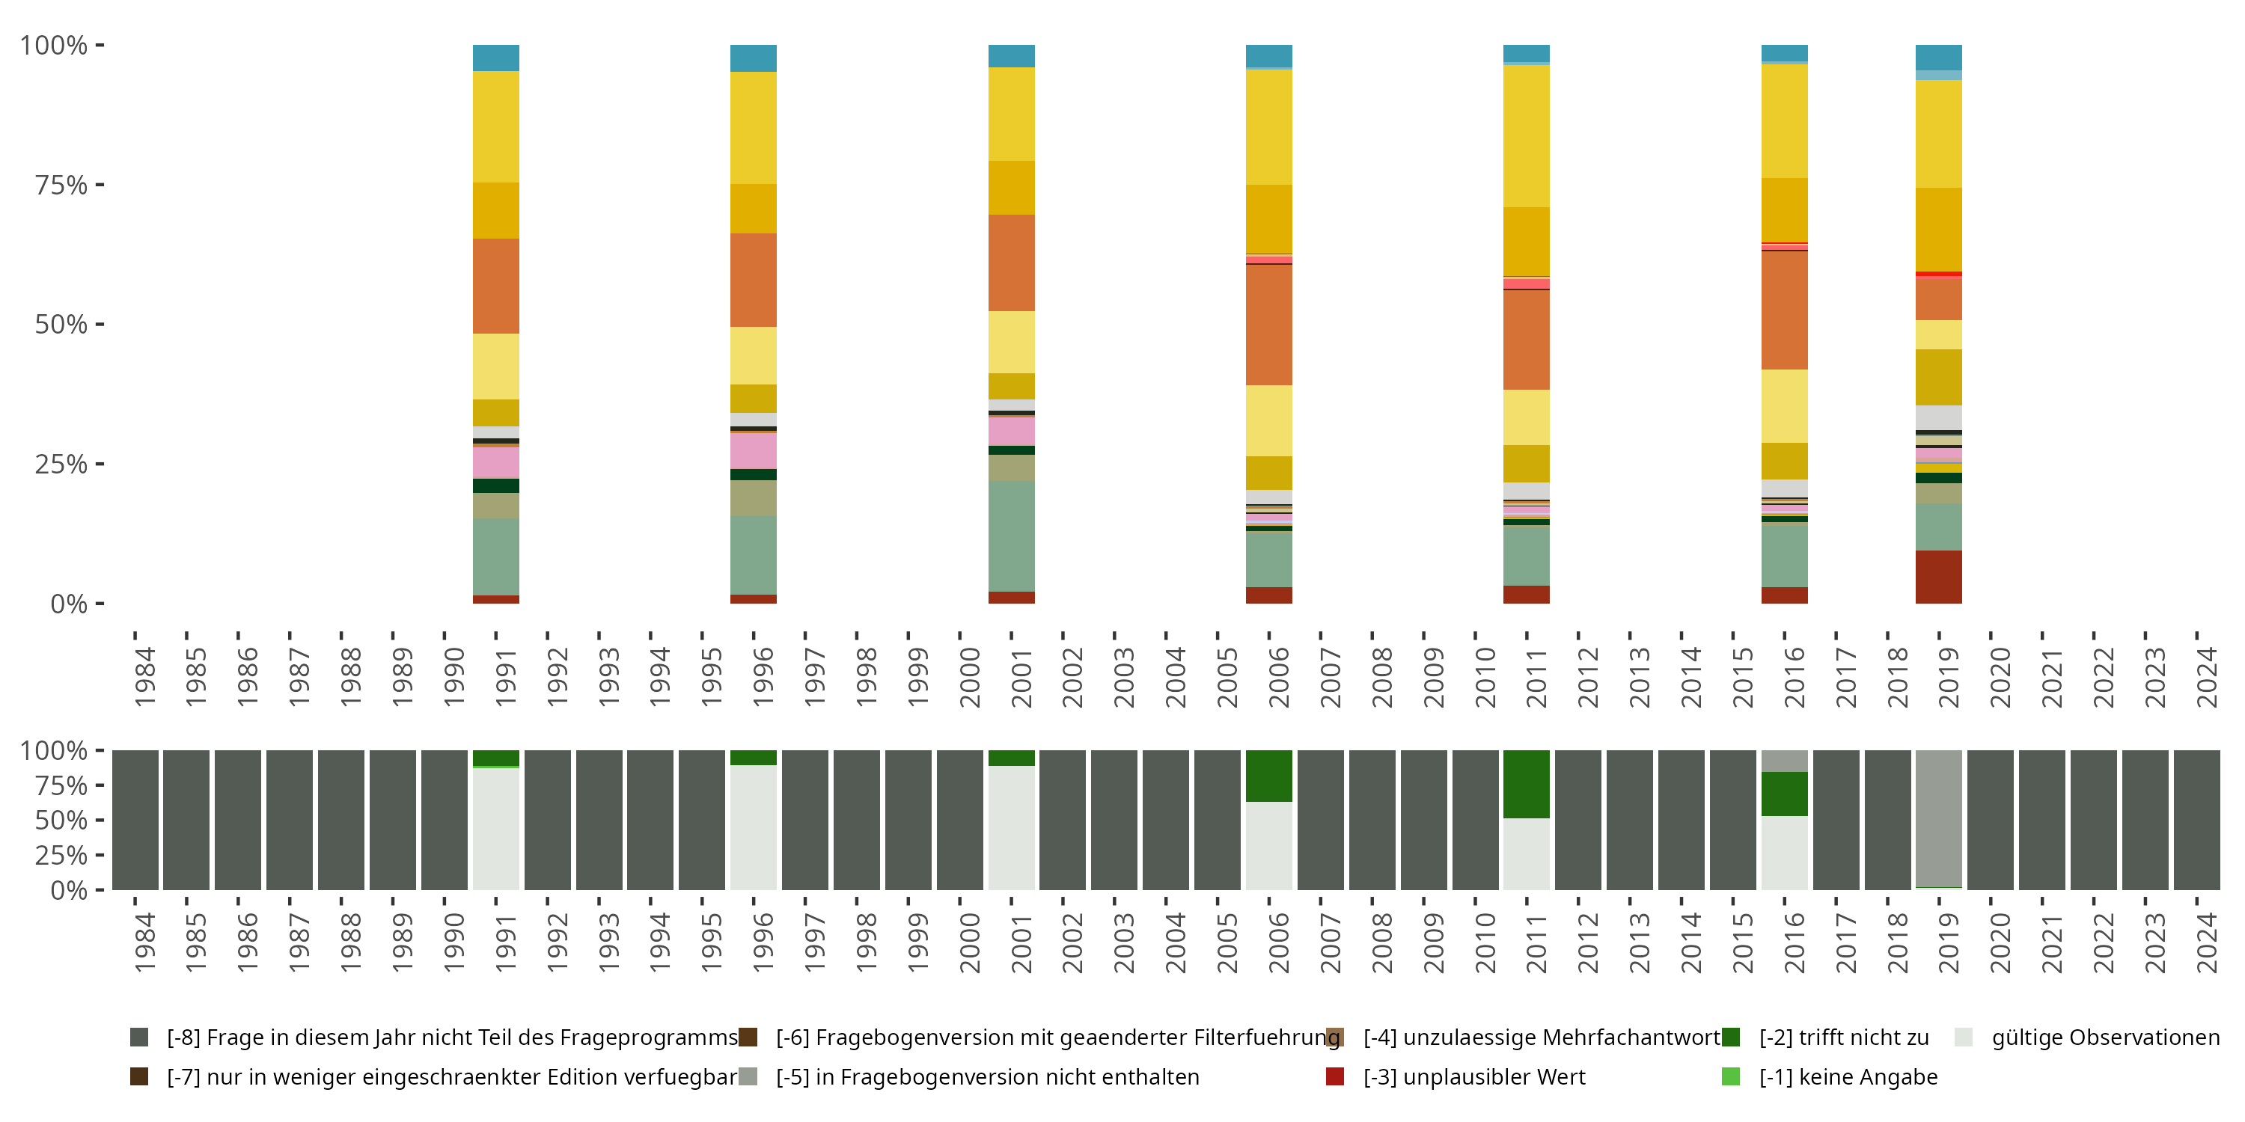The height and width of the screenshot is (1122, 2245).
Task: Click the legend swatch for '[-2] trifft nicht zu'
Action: pos(1731,1037)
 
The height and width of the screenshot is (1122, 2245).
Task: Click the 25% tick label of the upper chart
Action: pos(61,465)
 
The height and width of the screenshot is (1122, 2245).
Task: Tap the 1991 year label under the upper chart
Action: pos(505,677)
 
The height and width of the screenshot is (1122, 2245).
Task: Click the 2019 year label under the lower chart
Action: pos(1949,943)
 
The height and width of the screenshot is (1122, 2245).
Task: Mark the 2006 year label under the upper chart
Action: pos(1278,677)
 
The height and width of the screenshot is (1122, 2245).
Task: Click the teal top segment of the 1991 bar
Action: pos(496,58)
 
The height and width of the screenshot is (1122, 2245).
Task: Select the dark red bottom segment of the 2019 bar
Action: pos(1938,577)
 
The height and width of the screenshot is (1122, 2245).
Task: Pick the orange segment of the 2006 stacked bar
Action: pos(1269,324)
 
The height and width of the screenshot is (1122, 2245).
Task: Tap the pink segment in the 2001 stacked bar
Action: pos(1011,431)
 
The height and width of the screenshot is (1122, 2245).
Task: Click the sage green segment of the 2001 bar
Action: pos(1011,536)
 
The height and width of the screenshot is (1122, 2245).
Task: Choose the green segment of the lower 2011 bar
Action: pos(1526,784)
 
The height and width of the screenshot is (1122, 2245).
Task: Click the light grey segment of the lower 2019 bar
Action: pos(1938,819)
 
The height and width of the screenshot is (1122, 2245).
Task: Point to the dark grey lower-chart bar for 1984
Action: pos(135,820)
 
